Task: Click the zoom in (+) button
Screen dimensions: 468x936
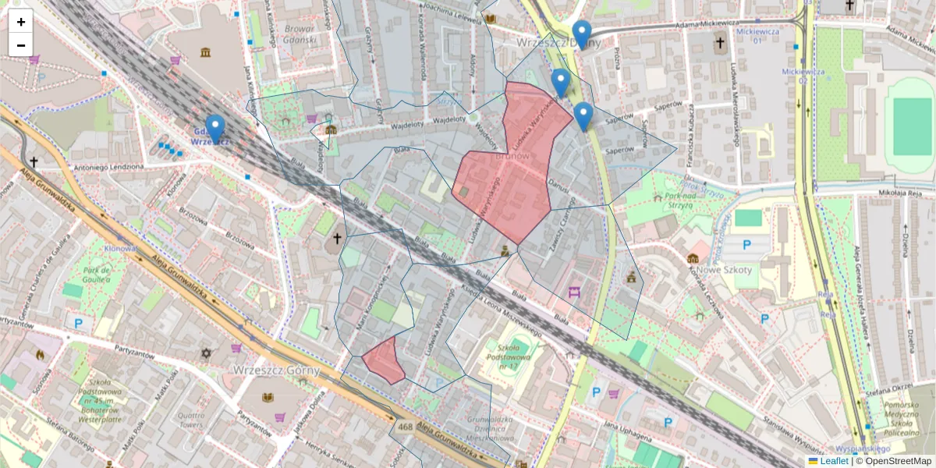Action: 21,22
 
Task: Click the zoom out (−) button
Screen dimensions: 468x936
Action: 21,44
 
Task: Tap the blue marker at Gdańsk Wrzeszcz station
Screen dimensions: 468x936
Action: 214,129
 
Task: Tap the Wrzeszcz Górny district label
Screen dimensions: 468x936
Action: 277,370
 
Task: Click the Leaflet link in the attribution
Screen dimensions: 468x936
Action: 833,461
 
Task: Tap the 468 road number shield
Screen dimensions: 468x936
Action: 405,427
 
